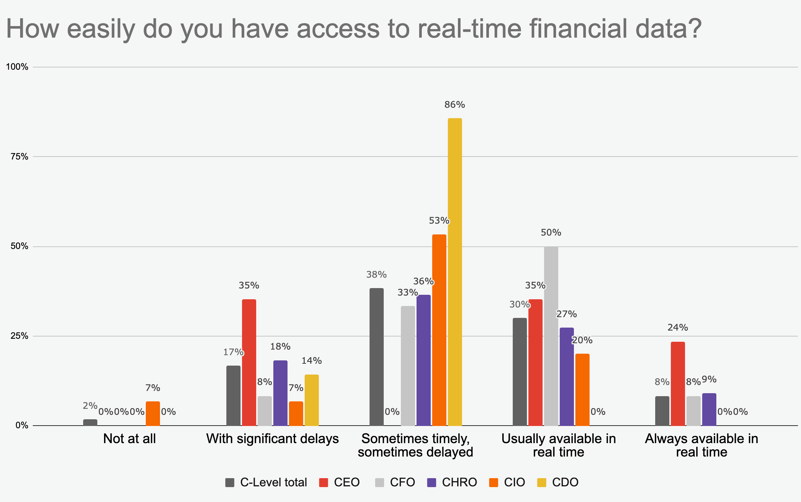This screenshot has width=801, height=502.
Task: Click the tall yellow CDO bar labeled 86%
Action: (x=455, y=272)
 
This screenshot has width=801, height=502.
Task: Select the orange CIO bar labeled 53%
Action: (x=439, y=330)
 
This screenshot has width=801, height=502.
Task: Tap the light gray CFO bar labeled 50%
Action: (x=551, y=336)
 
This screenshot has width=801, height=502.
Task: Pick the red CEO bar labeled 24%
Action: (x=678, y=383)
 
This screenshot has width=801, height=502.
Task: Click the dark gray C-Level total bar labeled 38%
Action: (x=376, y=357)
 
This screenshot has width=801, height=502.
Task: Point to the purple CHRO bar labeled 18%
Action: (x=280, y=393)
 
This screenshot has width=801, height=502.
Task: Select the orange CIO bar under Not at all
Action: (x=153, y=413)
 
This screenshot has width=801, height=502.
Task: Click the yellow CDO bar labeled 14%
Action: (x=311, y=400)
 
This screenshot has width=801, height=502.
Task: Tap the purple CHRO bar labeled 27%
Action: (x=566, y=376)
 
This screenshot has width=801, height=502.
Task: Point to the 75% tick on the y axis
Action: (x=19, y=157)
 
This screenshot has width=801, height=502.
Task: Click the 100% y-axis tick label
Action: (x=17, y=67)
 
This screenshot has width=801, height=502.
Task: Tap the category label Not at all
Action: (x=129, y=439)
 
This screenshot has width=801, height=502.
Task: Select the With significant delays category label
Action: (x=273, y=439)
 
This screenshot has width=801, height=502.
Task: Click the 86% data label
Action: (x=455, y=105)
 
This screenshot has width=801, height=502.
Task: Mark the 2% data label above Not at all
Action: (x=90, y=406)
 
